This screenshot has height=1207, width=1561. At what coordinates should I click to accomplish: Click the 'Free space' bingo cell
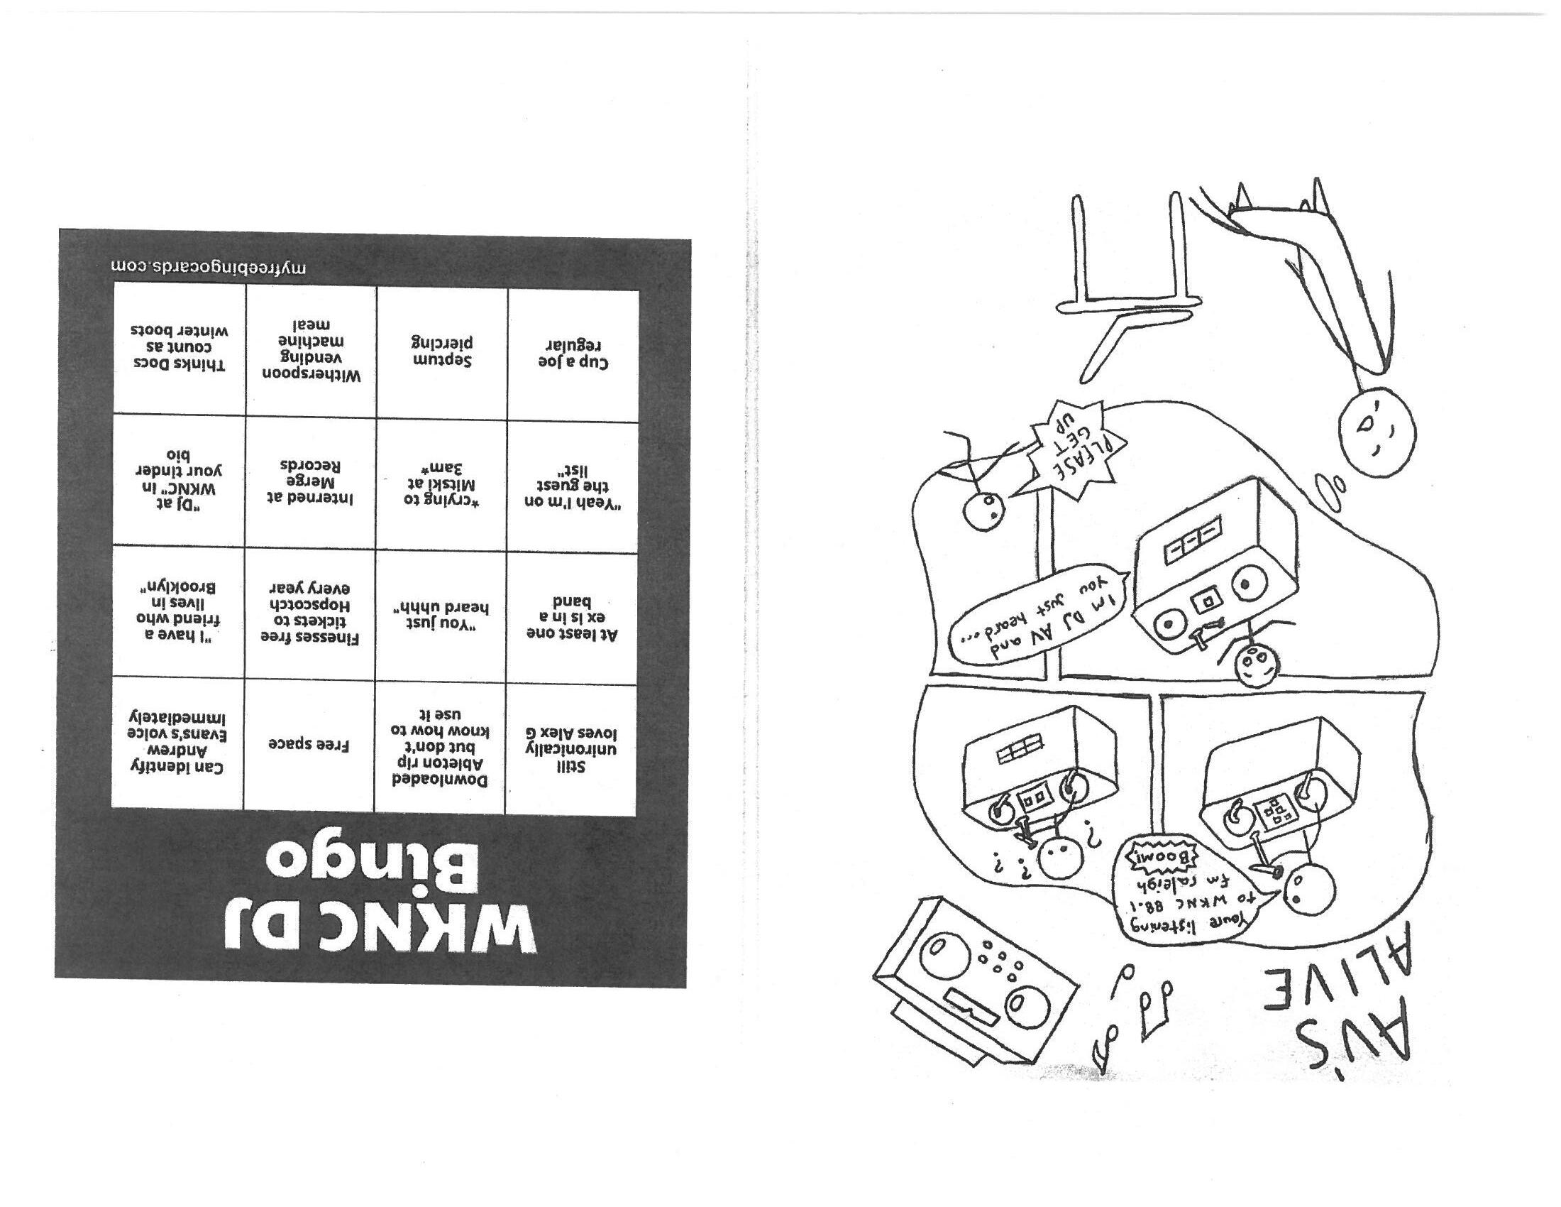[x=309, y=743]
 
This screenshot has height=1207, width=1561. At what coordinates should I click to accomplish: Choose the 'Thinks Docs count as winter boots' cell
[x=180, y=348]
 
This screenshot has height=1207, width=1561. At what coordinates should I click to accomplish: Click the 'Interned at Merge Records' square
[x=310, y=482]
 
